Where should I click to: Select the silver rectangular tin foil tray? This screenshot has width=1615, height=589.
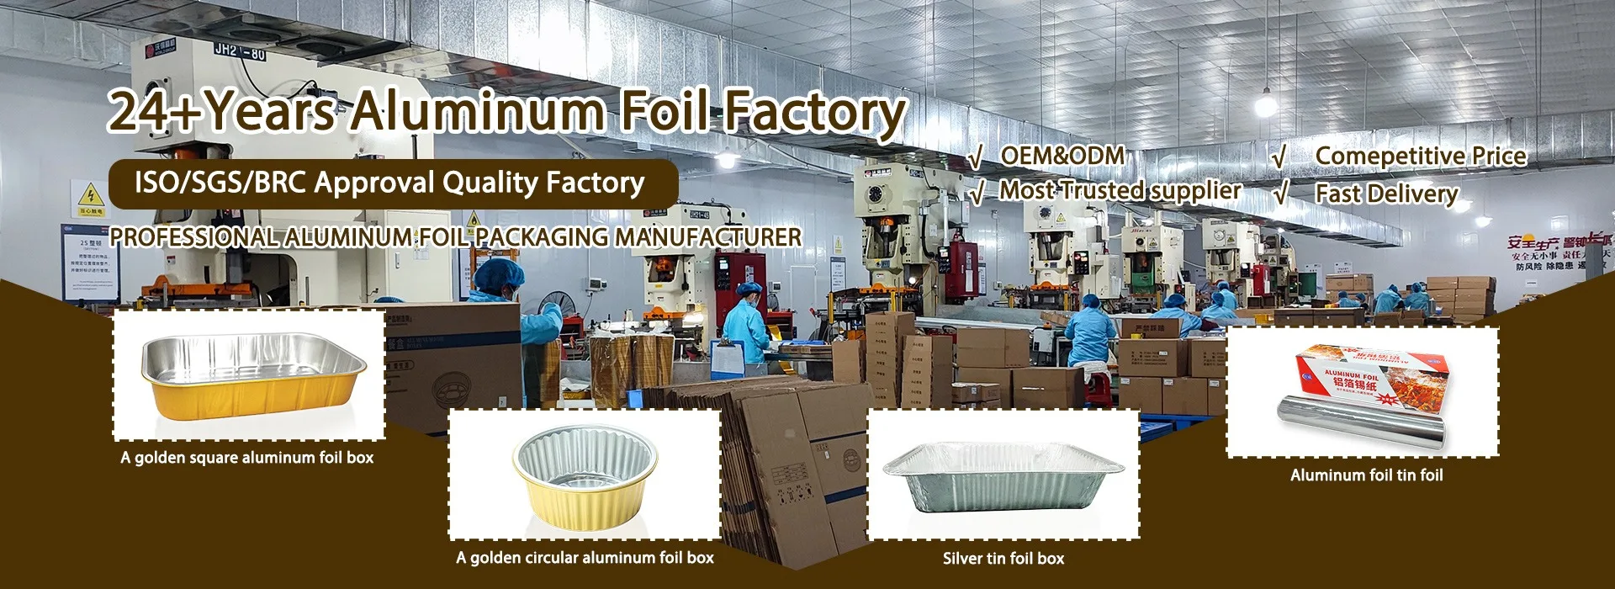pos(1003,475)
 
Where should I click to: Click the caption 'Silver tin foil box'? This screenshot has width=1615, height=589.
pos(1003,558)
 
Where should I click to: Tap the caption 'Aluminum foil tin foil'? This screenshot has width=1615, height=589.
pos(1366,475)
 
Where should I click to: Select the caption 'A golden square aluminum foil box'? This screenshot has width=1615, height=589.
pos(247,458)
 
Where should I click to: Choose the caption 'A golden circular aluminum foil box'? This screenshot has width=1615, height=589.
pos(585,557)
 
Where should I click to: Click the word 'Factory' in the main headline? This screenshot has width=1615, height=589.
pos(814,112)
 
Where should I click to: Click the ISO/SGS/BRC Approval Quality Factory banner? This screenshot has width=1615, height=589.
pos(392,183)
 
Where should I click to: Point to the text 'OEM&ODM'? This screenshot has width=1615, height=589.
pos(1062,156)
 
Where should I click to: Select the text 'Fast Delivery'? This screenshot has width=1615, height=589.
pos(1386,194)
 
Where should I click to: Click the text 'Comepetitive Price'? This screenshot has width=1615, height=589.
pos(1420,156)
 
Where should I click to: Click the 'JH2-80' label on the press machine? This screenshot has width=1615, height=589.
pos(239,51)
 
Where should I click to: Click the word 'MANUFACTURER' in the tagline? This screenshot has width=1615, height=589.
pos(708,237)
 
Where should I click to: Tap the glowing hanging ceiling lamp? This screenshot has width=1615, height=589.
pos(1265,104)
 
